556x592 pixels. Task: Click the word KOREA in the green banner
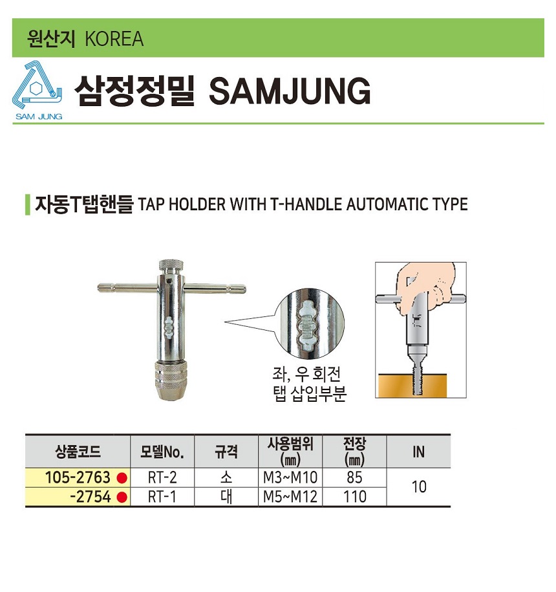click(114, 39)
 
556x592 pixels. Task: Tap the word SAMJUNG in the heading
click(290, 91)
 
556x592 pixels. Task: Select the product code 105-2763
click(78, 477)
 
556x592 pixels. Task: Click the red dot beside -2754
click(122, 498)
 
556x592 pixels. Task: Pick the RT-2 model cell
click(162, 477)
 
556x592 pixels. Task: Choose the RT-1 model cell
click(162, 497)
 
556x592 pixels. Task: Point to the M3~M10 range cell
click(290, 477)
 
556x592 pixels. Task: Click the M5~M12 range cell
click(290, 497)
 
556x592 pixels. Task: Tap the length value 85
click(354, 477)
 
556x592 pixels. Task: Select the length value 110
click(354, 497)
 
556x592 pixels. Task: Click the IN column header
click(418, 452)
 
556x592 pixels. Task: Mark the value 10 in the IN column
click(419, 487)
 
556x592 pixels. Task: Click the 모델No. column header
click(162, 452)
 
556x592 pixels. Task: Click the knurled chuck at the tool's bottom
click(171, 380)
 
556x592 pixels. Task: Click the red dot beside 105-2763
click(122, 478)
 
